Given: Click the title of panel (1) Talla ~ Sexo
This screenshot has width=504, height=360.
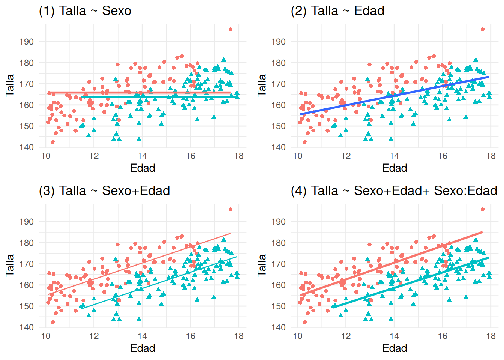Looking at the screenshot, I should tap(85, 11).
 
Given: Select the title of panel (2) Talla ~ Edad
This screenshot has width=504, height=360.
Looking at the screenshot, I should tap(337, 11).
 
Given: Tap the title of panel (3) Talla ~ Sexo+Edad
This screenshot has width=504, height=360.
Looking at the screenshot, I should tap(104, 191).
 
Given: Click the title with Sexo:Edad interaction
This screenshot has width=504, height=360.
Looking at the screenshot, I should tap(394, 191).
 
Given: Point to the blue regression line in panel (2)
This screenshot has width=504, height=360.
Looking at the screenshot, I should tap(394, 96).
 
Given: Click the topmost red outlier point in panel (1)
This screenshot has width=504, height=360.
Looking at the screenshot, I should tap(231, 29).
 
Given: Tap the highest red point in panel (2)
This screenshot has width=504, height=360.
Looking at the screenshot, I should tap(483, 29).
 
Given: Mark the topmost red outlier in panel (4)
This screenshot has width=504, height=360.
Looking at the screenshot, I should tap(483, 209).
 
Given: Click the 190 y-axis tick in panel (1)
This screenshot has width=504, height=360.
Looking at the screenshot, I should tap(27, 42).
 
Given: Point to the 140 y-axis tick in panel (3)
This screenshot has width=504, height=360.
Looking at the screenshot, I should tap(27, 327).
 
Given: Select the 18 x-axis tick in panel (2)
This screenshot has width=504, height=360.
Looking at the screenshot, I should tap(491, 156).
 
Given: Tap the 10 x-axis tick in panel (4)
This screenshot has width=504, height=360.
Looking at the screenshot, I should tap(298, 336).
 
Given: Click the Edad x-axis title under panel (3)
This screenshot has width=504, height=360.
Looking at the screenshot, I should tap(142, 348).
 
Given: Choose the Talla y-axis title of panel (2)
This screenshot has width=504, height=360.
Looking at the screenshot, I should tap(262, 85).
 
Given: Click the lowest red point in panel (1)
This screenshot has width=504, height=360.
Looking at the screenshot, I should tap(52, 142).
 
